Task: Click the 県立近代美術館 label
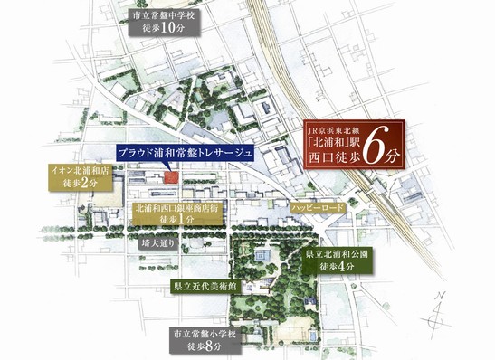tap(204, 285)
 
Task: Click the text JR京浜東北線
tap(339, 128)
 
